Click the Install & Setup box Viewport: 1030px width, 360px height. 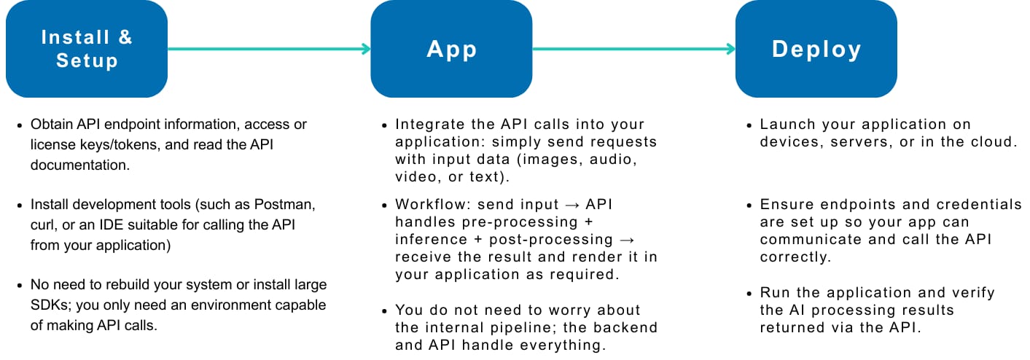(87, 49)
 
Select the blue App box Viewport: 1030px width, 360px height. (451, 49)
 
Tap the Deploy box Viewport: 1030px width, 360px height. (816, 49)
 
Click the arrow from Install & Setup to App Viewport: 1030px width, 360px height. (269, 49)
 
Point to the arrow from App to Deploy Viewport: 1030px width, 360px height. (633, 49)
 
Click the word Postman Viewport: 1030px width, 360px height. (284, 205)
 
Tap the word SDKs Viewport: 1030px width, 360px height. (50, 305)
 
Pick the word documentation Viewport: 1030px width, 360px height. (80, 165)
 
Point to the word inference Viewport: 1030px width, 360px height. (431, 239)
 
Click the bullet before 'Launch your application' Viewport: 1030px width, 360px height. (749, 125)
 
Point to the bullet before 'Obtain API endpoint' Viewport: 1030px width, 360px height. (19, 125)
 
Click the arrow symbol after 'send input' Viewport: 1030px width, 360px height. (572, 205)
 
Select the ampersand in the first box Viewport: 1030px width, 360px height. (125, 37)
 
